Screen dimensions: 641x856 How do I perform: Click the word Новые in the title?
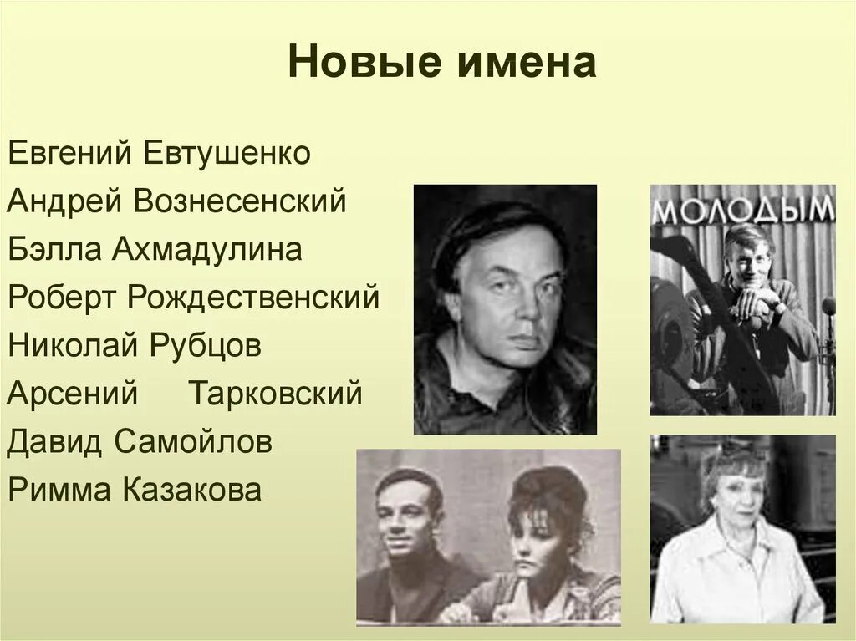351,64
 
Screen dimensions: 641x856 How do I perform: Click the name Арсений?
72,393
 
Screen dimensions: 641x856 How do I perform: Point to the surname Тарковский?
276,393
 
